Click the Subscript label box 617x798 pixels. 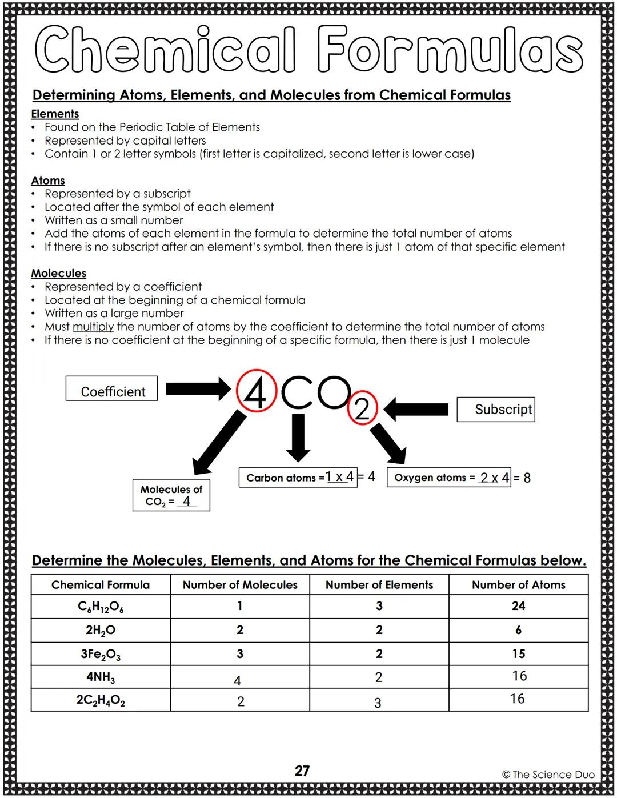(496, 410)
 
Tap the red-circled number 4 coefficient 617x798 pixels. (256, 392)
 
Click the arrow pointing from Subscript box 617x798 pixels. (417, 409)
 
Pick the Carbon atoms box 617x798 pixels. (298, 477)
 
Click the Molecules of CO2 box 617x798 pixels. (171, 495)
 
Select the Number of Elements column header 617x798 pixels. (379, 585)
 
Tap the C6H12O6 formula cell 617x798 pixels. (101, 607)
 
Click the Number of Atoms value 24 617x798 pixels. (518, 606)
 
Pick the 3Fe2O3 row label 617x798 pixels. (101, 655)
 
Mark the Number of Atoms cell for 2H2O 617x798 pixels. (518, 630)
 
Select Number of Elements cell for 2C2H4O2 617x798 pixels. (379, 701)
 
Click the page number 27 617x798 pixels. (302, 771)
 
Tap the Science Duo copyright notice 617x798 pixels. (548, 775)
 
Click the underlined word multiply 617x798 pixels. (93, 327)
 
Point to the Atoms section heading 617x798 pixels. (48, 181)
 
